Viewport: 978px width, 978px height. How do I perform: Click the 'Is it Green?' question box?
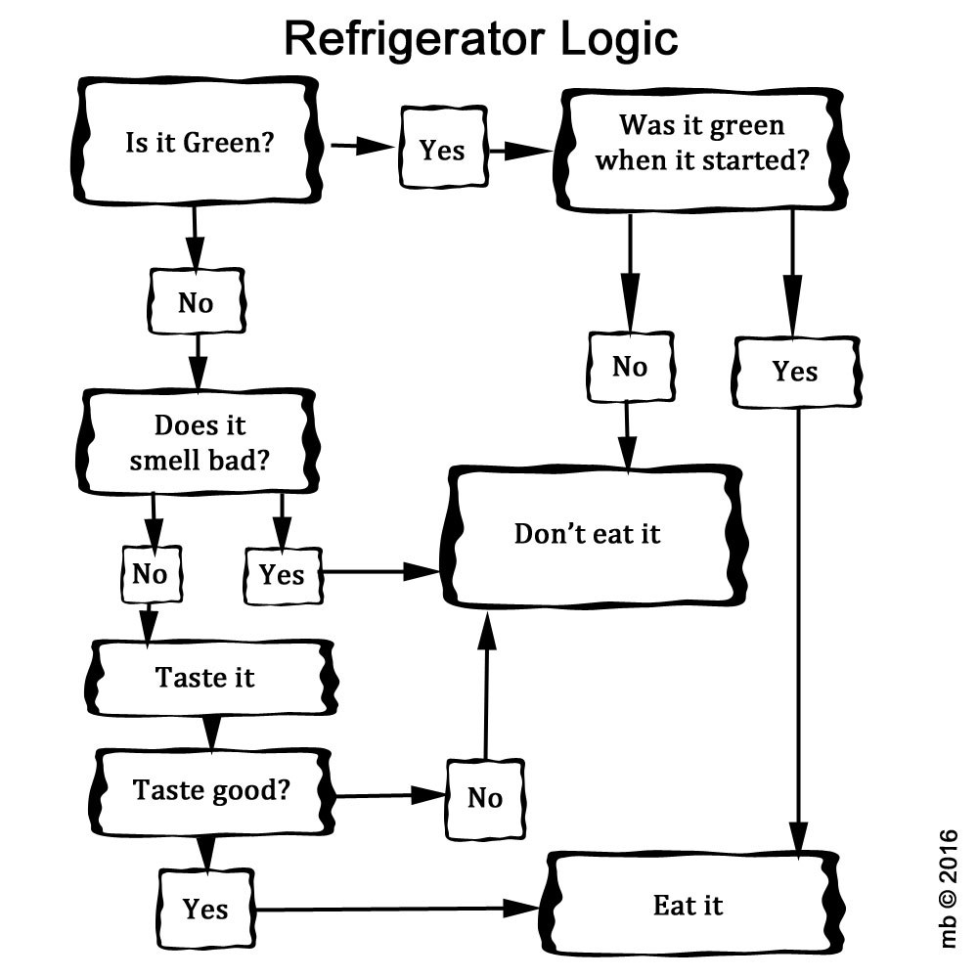tap(199, 144)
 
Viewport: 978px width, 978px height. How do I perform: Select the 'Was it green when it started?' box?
tap(701, 144)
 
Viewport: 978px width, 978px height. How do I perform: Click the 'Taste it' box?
tap(205, 677)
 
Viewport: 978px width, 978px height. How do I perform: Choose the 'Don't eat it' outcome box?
tap(588, 534)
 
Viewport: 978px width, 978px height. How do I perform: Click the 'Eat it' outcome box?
tap(689, 905)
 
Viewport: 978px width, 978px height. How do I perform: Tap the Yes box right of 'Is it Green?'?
tap(442, 150)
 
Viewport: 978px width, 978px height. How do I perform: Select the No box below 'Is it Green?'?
tap(196, 303)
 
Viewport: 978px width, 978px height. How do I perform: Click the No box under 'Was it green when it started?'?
tap(630, 367)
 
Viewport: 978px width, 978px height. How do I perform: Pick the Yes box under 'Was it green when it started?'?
tap(795, 372)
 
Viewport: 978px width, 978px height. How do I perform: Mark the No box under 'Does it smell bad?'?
tap(150, 574)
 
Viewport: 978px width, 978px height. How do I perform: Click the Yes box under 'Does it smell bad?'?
tap(282, 574)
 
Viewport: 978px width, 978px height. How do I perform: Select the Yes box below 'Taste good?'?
tap(205, 909)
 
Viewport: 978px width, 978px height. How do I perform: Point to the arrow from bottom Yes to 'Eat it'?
tap(391, 910)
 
